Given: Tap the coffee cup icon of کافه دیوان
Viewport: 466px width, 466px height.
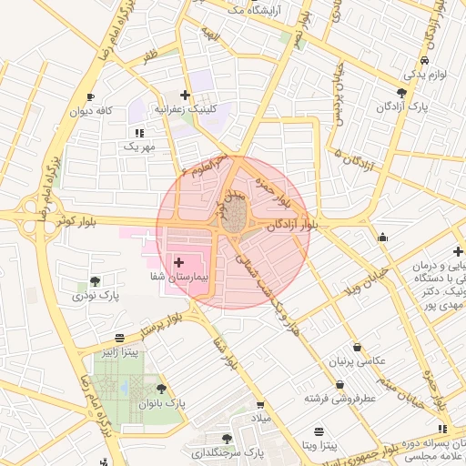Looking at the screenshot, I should tap(90, 96).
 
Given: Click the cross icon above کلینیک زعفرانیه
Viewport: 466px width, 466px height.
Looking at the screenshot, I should tap(186, 95).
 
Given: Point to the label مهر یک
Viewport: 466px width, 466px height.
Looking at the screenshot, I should tap(139, 146).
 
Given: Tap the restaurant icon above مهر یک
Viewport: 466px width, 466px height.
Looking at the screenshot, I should tap(138, 133).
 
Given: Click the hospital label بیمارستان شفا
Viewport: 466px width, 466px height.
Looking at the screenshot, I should tap(179, 274).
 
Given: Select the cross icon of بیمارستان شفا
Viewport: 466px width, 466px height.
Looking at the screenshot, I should tap(178, 261).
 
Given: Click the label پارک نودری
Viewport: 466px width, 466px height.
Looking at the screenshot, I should tap(96, 295).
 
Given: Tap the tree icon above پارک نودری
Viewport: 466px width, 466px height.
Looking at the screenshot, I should tap(96, 280).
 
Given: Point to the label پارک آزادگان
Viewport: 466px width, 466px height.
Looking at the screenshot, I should tap(402, 106).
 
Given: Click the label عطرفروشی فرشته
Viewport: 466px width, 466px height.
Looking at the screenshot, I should tap(341, 398).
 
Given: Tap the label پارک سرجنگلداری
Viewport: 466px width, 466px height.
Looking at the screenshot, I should tap(228, 451).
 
